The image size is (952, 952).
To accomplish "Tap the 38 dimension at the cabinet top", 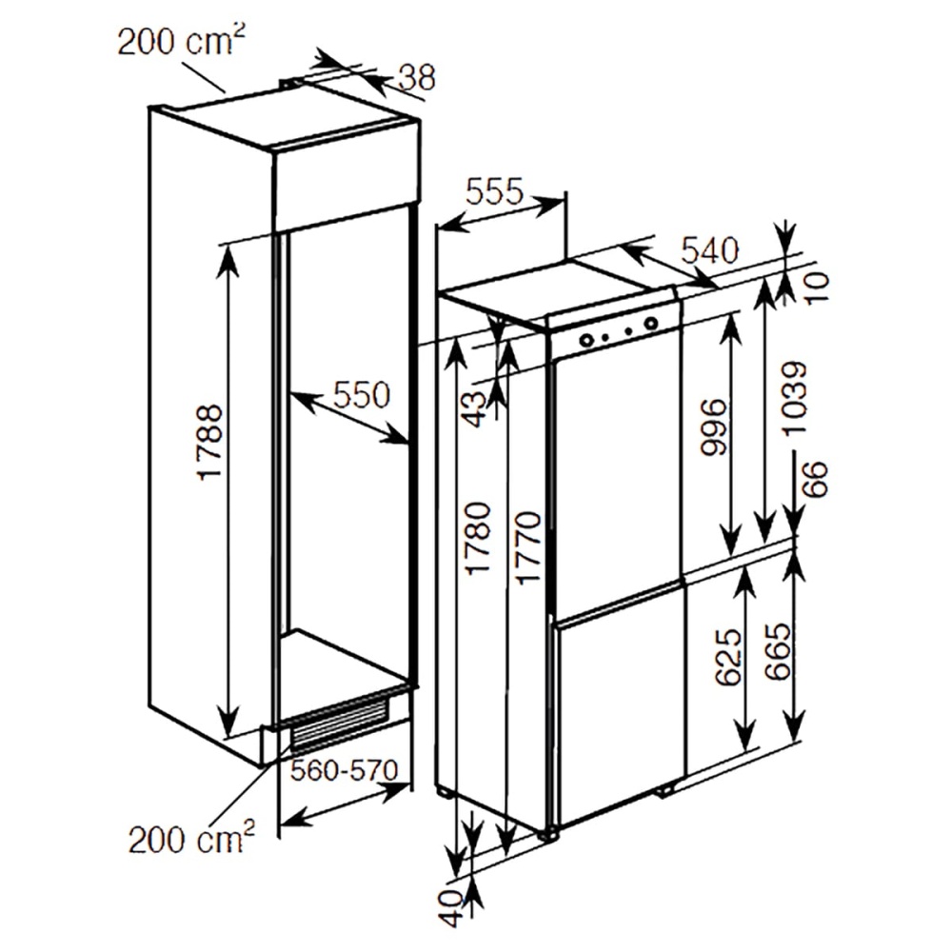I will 415,76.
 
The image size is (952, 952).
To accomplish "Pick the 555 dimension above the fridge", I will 495,193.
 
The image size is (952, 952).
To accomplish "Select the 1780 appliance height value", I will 479,538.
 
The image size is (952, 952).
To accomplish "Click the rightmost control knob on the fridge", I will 650,324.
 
